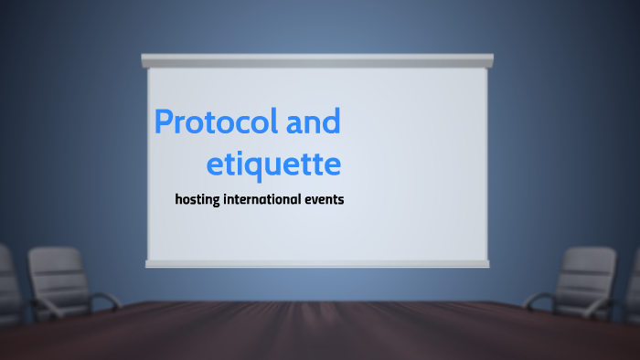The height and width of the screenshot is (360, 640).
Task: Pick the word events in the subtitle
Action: [x=325, y=198]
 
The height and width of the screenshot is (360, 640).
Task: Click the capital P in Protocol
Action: [x=164, y=122]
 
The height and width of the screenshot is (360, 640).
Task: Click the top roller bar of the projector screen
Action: [x=317, y=60]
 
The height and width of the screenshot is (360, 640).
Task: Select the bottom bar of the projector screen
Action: [x=317, y=264]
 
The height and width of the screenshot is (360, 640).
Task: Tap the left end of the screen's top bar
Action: [x=146, y=60]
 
